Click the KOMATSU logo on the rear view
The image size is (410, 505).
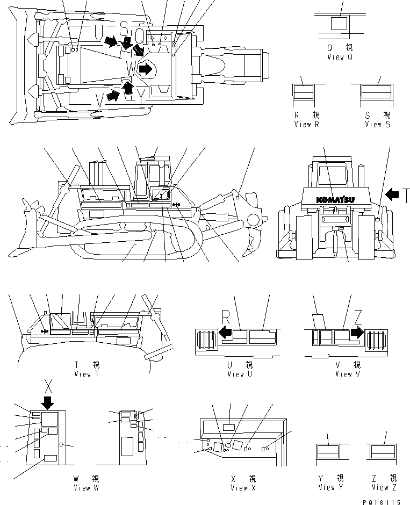pos(335,200)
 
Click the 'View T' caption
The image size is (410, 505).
pos(87,374)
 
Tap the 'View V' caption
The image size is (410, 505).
pos(343,374)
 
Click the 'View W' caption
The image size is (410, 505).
pos(87,488)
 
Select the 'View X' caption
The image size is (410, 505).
pos(240,488)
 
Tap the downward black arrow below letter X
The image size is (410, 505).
pos(48,403)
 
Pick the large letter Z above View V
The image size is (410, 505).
pos(357,317)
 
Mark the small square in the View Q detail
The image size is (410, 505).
pos(339,24)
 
